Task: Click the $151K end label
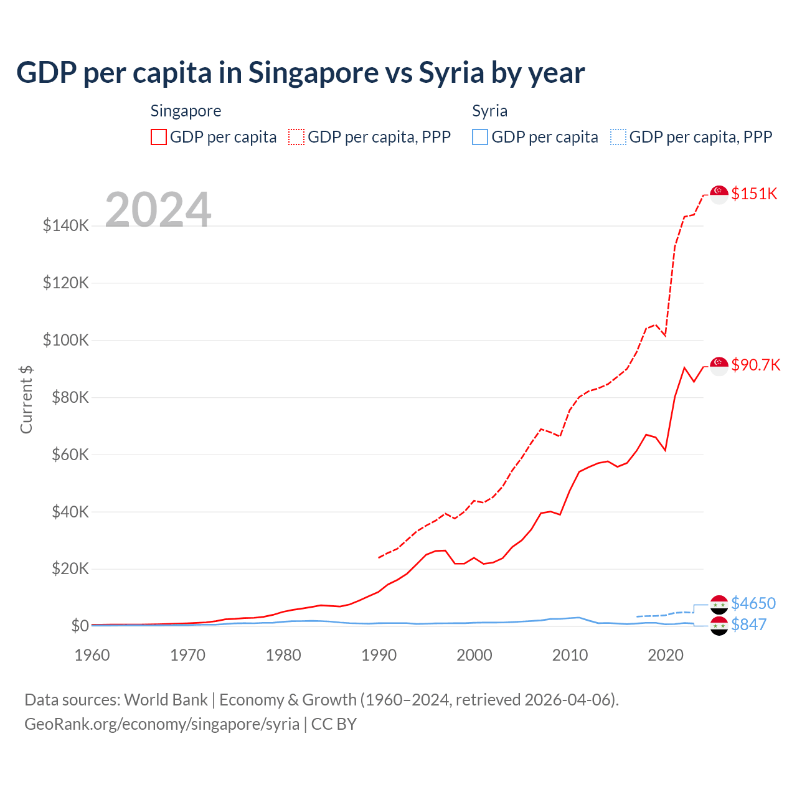(x=754, y=194)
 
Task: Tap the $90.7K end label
(x=755, y=365)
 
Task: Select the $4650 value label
(x=753, y=603)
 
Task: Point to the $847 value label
(x=748, y=625)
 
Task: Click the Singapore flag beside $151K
(x=719, y=194)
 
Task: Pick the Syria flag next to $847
(x=719, y=626)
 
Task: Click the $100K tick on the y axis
(x=66, y=340)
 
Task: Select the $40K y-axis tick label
(x=66, y=512)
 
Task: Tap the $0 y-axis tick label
(x=80, y=626)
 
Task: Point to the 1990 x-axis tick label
(x=379, y=655)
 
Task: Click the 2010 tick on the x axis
(x=570, y=655)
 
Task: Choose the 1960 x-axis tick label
(x=92, y=655)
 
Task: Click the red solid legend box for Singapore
(x=159, y=137)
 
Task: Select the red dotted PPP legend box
(x=296, y=137)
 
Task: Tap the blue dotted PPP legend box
(x=618, y=137)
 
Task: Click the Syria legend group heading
(x=489, y=111)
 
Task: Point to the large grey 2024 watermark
(x=158, y=210)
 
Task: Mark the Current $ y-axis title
(x=26, y=399)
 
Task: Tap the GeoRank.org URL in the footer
(x=162, y=724)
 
